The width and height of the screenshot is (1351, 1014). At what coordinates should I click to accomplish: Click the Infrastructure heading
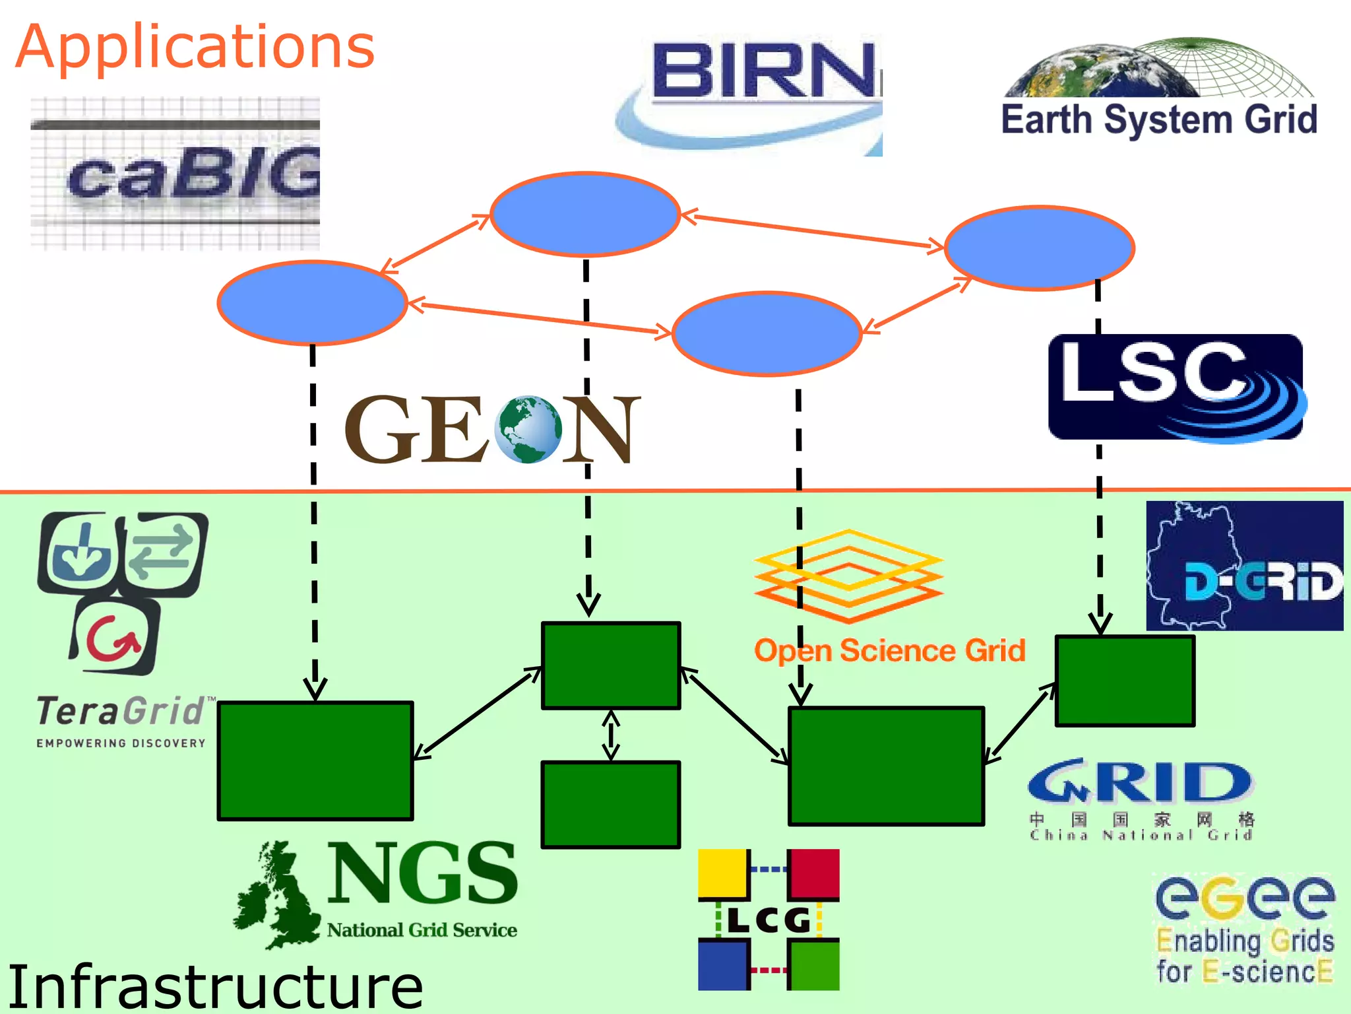215,986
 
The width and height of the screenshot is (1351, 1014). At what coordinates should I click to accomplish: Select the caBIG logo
175,174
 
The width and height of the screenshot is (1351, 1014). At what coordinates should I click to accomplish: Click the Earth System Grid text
1159,120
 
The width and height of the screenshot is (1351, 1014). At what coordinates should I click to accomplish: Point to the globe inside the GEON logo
528,429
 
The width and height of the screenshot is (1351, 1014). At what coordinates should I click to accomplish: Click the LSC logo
1176,387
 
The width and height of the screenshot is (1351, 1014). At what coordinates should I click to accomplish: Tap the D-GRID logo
1244,566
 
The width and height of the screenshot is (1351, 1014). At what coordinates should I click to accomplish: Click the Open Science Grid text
889,650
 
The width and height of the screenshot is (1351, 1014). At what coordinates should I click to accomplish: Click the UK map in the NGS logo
277,895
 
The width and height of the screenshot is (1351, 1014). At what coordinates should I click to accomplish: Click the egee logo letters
1244,897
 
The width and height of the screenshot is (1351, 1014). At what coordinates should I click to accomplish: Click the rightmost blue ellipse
1039,248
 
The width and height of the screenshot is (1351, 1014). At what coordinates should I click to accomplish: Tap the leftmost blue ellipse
312,303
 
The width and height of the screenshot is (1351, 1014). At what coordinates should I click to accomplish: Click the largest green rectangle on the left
315,761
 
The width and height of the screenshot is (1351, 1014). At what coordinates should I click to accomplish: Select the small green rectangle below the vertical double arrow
610,804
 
